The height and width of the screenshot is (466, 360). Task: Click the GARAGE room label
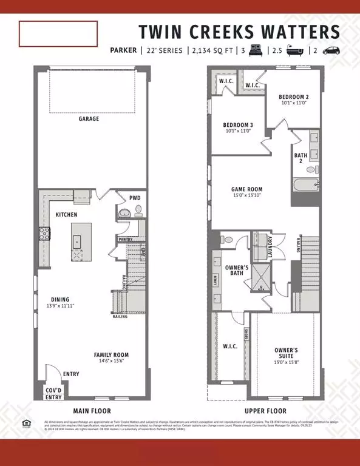click(88, 119)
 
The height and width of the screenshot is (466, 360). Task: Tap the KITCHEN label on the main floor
click(66, 215)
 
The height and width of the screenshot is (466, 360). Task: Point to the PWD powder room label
click(134, 197)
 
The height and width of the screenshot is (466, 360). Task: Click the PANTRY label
click(126, 240)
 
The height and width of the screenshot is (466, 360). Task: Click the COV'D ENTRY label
click(53, 394)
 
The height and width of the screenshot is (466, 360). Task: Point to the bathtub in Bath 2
click(305, 184)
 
